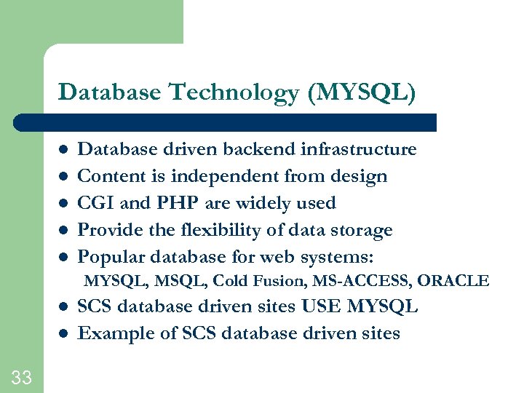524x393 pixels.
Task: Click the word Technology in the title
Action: coord(233,92)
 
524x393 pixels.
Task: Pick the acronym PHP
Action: coord(169,203)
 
